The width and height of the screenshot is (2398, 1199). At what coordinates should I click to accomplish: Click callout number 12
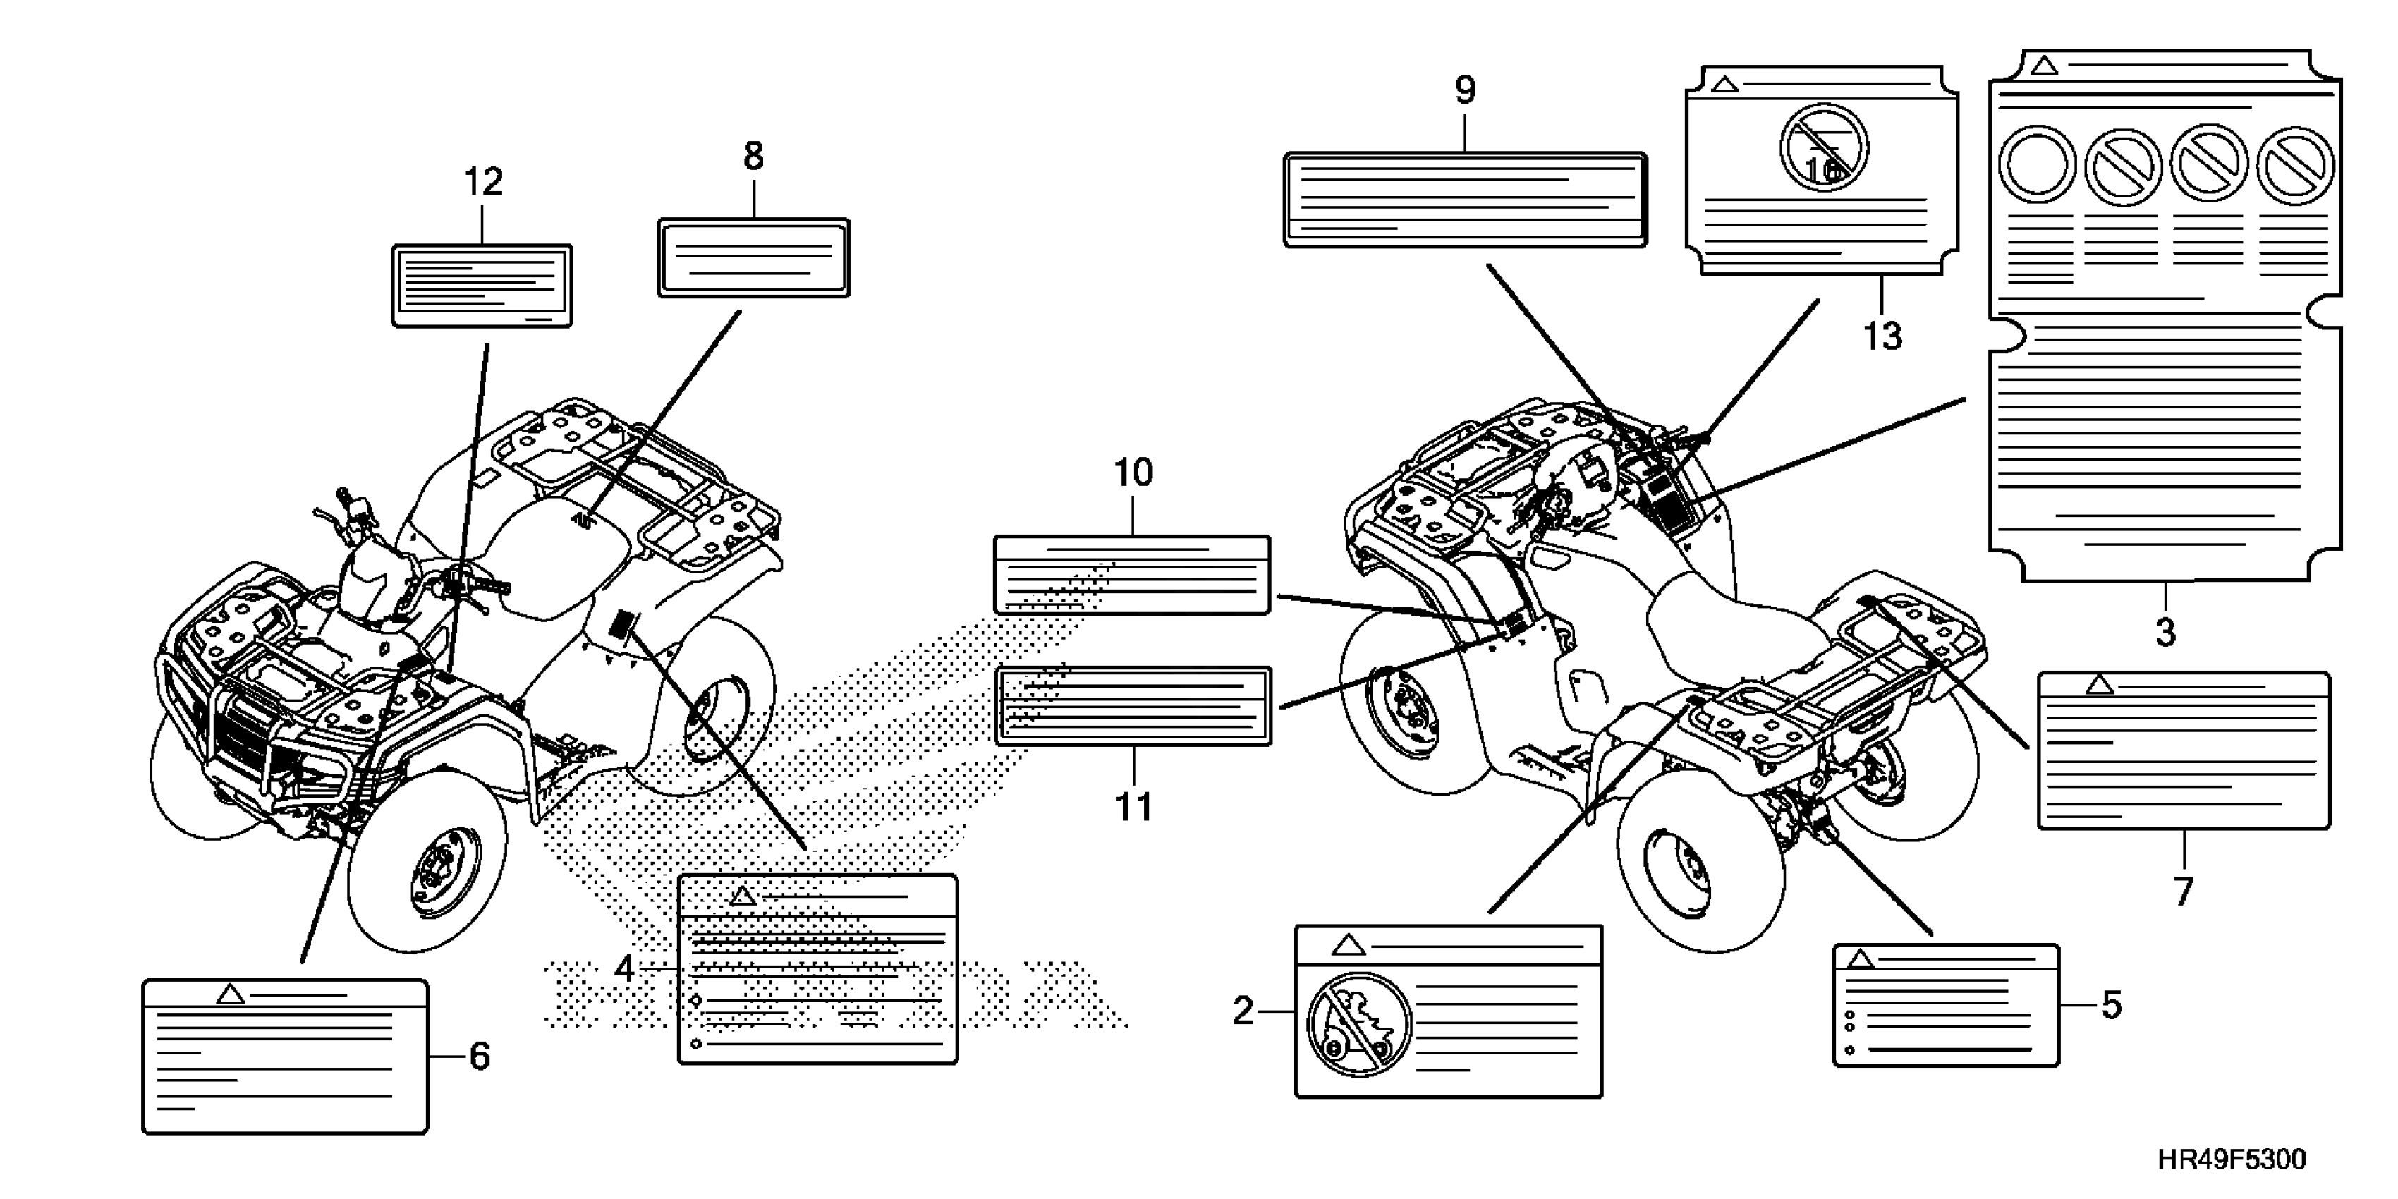[x=483, y=181]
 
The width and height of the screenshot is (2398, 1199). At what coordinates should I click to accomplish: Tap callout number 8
[x=753, y=157]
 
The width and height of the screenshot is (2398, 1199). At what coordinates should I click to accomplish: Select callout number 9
[x=1464, y=90]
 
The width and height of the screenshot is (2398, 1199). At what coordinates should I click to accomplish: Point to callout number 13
[x=1881, y=336]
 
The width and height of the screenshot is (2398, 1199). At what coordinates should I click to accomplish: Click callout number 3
[x=2165, y=633]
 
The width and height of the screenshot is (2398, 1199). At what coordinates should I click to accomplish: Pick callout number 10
[x=1133, y=473]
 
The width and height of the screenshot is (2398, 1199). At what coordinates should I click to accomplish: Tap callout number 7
[x=2184, y=891]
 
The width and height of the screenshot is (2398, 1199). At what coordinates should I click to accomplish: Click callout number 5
[x=2111, y=1005]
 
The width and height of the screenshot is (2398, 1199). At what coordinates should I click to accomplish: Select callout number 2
[x=1243, y=1011]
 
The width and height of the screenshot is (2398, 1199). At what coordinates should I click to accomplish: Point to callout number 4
[x=623, y=968]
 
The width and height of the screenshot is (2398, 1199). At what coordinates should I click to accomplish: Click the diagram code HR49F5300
[x=2232, y=1160]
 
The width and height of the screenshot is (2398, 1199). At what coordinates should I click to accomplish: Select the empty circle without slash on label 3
[x=2038, y=166]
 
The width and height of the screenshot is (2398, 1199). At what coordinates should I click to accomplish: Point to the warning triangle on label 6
[x=230, y=995]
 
